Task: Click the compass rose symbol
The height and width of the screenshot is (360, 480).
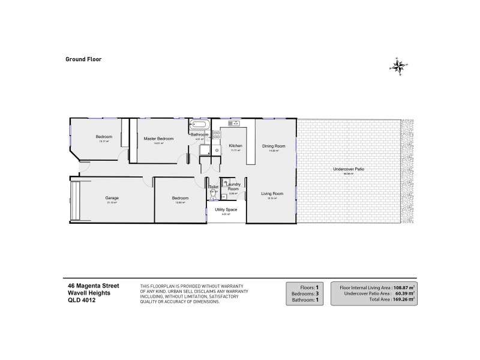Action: (x=399, y=65)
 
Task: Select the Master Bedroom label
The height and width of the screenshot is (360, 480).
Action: (x=158, y=139)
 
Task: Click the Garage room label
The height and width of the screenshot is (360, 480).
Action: (x=111, y=197)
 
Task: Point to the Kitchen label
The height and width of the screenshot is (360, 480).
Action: (x=235, y=146)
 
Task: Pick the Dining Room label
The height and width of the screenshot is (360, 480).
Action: (x=273, y=146)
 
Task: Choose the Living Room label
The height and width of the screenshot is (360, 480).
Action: (x=272, y=193)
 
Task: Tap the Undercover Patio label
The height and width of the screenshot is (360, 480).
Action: (x=349, y=169)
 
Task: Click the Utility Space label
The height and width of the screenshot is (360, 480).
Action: (x=226, y=209)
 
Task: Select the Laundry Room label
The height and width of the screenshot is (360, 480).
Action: (x=233, y=187)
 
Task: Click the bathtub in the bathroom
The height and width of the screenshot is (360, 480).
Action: (x=199, y=125)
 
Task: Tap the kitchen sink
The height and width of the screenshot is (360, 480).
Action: (x=233, y=124)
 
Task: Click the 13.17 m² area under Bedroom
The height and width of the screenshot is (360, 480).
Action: (x=104, y=142)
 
